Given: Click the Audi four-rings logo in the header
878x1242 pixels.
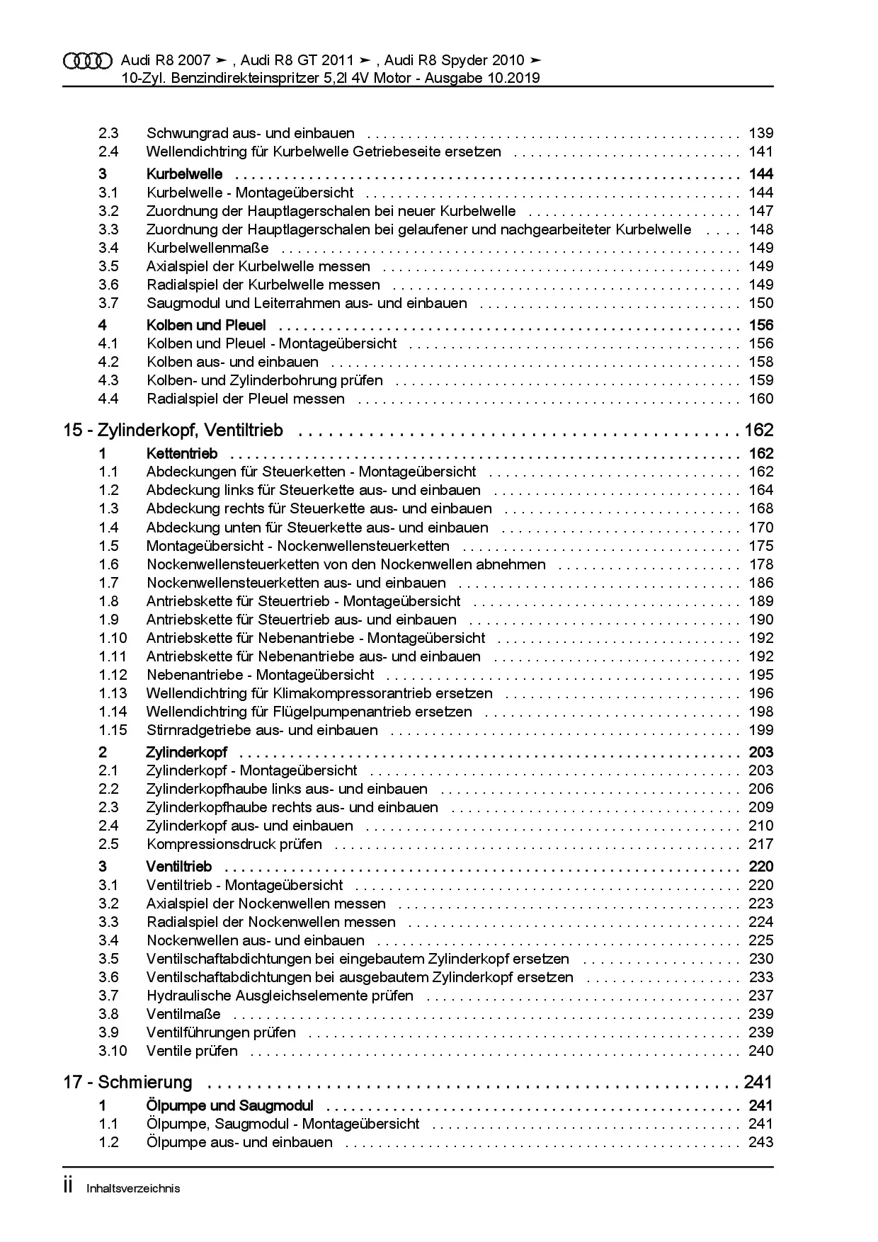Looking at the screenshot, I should click(87, 61).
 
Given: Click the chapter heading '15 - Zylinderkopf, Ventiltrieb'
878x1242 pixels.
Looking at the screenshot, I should click(173, 431).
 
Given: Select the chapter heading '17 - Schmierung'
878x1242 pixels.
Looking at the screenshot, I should click(127, 1082).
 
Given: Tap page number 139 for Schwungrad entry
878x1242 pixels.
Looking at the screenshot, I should click(760, 133).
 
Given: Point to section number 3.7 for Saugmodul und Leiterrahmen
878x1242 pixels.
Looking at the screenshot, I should click(108, 303).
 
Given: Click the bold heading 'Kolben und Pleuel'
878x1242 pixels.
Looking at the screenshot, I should click(206, 325).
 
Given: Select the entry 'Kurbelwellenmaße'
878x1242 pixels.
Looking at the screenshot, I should click(207, 248).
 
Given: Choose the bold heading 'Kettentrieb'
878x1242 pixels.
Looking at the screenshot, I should click(182, 453).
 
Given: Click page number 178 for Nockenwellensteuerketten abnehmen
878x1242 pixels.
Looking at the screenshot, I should click(760, 564).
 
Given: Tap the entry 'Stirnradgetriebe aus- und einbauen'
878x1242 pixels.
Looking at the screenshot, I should click(262, 730).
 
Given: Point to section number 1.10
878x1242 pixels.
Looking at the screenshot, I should click(113, 638).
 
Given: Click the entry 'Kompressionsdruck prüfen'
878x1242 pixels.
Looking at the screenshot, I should click(234, 844).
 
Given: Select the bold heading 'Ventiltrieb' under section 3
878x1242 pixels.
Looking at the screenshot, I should click(179, 866).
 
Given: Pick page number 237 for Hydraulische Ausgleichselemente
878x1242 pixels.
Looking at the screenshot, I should click(760, 996).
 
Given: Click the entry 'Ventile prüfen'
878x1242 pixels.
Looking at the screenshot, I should click(192, 1051).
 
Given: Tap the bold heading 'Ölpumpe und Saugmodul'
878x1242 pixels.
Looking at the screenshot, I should click(229, 1105).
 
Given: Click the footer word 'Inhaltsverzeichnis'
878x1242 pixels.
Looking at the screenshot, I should click(133, 1188).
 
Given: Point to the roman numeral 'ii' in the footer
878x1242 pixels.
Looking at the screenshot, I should click(69, 1187).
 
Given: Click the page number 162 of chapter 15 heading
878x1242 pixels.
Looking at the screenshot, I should click(758, 431).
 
